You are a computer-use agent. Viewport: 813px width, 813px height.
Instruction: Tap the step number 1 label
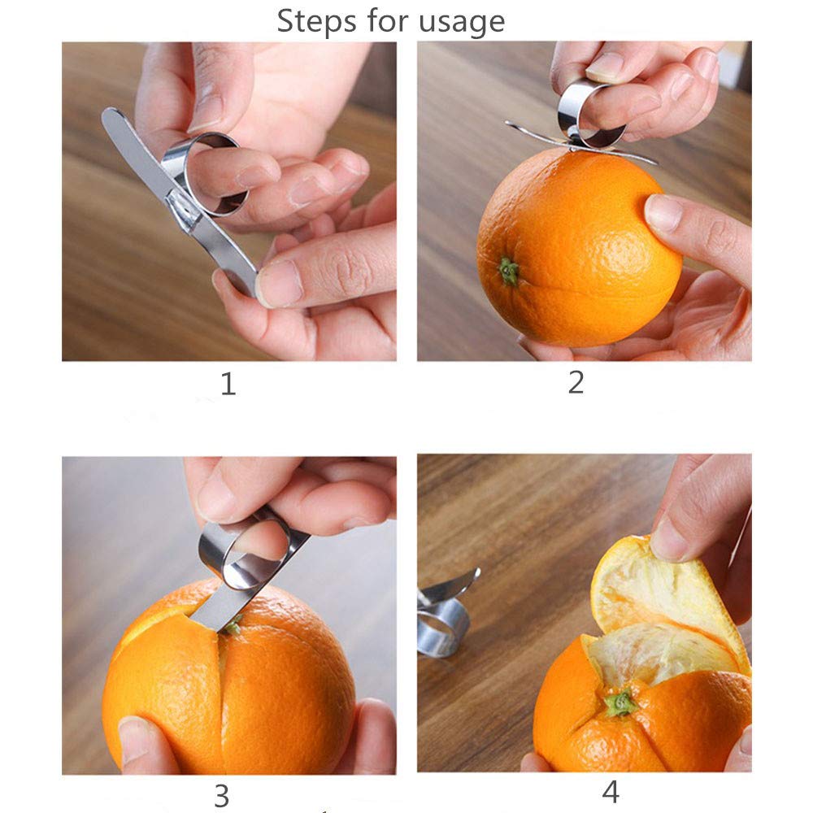point(228,383)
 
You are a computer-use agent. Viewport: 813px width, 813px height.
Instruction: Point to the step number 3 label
point(221,796)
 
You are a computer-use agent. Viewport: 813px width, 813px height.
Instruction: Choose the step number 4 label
point(611,790)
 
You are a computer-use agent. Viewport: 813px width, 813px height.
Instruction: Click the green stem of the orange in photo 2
point(509,272)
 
